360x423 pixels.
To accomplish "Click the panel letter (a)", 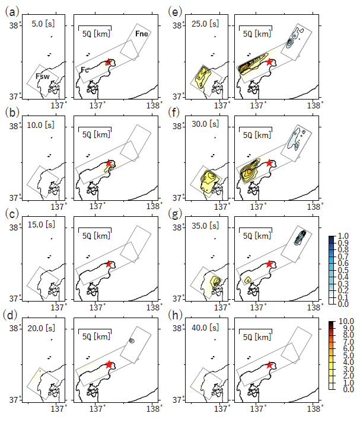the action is pos(12,12).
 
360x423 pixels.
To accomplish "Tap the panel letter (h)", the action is pos(175,315).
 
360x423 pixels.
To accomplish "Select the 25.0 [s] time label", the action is pos(205,24).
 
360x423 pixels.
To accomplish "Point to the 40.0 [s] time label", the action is pos(205,328).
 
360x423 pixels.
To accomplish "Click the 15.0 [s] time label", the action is pos(42,225).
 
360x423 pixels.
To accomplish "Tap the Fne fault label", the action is pos(142,34).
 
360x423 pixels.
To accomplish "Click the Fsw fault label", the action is pos(43,76).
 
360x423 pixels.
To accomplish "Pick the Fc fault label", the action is pos(85,70).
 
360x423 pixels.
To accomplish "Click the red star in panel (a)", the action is pos(109,62).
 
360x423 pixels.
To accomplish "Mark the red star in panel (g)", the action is pos(269,264).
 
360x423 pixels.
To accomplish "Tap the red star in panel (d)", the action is pos(109,365).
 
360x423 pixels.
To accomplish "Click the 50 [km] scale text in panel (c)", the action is pos(96,236).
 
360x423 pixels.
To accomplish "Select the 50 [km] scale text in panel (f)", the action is pos(257,135).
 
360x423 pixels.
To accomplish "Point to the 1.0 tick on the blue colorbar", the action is pos(343,236).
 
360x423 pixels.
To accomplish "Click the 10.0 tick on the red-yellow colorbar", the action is pos(346,321).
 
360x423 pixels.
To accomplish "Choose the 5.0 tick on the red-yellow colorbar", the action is pos(348,355).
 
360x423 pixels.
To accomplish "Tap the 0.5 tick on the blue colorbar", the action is pos(343,270).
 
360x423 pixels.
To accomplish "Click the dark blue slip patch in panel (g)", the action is pos(300,237).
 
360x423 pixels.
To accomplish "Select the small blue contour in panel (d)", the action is pos(132,341).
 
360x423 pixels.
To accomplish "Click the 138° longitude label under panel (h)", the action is pos(314,408).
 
